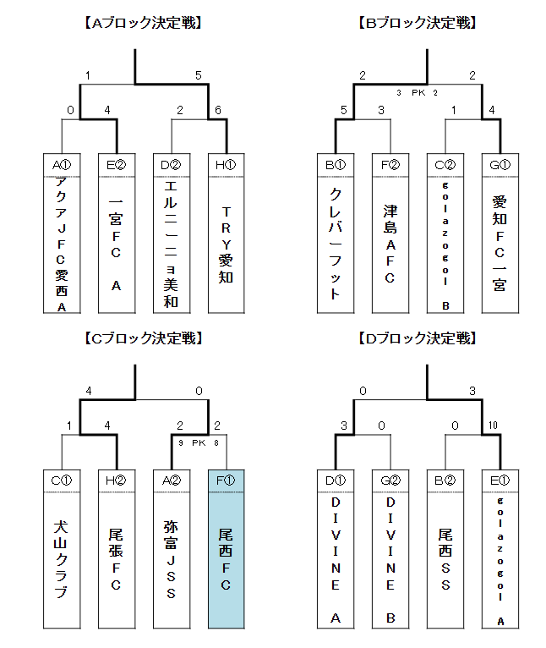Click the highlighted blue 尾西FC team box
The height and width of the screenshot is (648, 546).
pos(226,549)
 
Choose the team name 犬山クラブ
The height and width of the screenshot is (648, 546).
pos(61,558)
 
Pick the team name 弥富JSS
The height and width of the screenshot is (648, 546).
pos(171,558)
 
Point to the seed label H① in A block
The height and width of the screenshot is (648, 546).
pos(226,164)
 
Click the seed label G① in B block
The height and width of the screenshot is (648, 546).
pos(500,164)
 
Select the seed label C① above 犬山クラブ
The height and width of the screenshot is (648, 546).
pos(61,481)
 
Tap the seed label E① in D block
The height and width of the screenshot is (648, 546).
pos(500,481)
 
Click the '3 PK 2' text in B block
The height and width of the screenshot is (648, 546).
pos(418,92)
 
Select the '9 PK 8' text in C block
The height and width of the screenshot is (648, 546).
pos(199,442)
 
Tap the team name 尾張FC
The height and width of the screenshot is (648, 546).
pos(116,558)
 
